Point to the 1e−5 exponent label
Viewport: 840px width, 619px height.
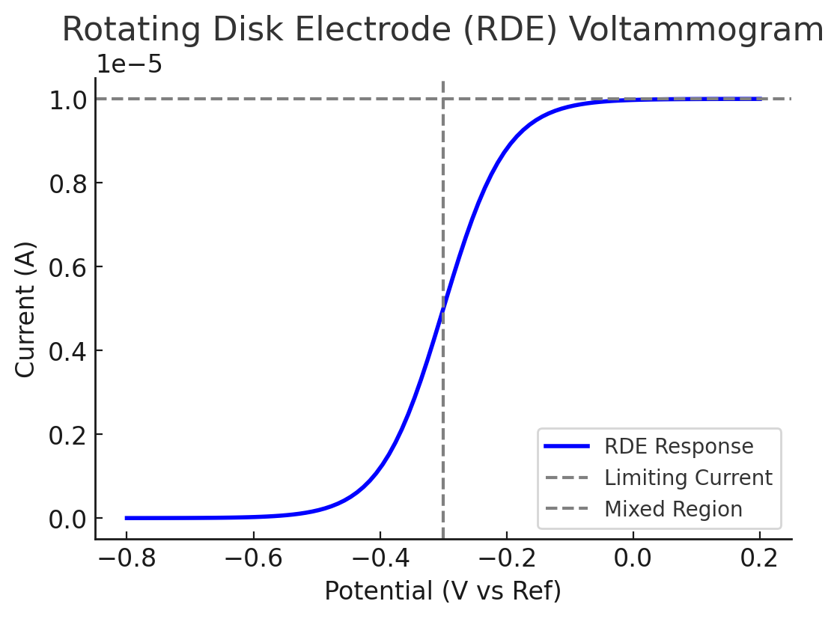pyautogui.click(x=129, y=65)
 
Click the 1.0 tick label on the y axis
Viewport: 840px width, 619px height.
pyautogui.click(x=67, y=100)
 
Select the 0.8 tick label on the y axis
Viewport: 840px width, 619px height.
pyautogui.click(x=67, y=183)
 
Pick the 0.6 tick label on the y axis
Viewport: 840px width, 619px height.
pyautogui.click(x=67, y=267)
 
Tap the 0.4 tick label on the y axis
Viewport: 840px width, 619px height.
pyautogui.click(x=67, y=351)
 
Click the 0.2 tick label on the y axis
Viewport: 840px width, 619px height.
pyautogui.click(x=67, y=435)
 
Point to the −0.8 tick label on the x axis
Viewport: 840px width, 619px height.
pyautogui.click(x=125, y=558)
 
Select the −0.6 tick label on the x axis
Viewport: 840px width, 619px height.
pyautogui.click(x=252, y=558)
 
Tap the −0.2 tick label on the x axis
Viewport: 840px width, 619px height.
pyautogui.click(x=506, y=558)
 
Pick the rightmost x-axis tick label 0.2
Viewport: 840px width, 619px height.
pyautogui.click(x=760, y=558)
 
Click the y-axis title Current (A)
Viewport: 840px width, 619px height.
pyautogui.click(x=25, y=309)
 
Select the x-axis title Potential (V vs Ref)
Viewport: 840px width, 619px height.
pyautogui.click(x=442, y=592)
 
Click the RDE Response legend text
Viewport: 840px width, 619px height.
pyautogui.click(x=678, y=447)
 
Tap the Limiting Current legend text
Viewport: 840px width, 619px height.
pyautogui.click(x=688, y=478)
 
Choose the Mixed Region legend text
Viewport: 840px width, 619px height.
pyautogui.click(x=673, y=509)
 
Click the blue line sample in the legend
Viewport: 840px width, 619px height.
pyautogui.click(x=567, y=447)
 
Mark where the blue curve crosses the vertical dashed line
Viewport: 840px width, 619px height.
pyautogui.click(x=443, y=308)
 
